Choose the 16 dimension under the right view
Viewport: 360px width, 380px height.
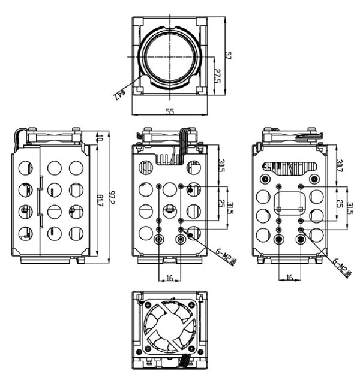[290, 278]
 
